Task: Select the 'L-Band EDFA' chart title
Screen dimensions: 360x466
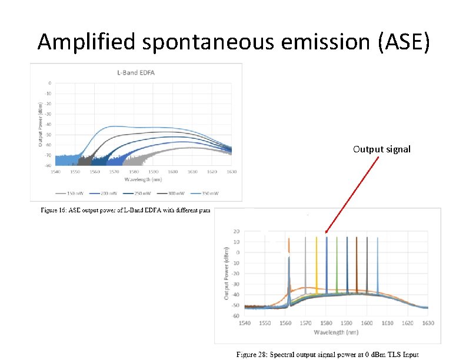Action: point(139,73)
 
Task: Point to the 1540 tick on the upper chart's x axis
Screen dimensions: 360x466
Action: point(55,172)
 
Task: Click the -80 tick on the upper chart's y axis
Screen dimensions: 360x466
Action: point(48,166)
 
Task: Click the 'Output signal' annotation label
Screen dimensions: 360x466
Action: point(381,149)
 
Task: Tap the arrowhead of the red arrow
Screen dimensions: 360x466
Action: point(325,233)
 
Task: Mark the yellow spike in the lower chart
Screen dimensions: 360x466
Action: point(317,265)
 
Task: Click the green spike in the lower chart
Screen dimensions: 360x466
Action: point(337,265)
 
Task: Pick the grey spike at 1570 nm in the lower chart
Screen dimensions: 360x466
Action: point(306,265)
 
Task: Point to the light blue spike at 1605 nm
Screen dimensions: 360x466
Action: point(377,265)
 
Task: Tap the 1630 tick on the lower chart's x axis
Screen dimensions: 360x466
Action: point(428,324)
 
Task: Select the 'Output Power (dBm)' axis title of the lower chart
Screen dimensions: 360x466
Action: point(227,273)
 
